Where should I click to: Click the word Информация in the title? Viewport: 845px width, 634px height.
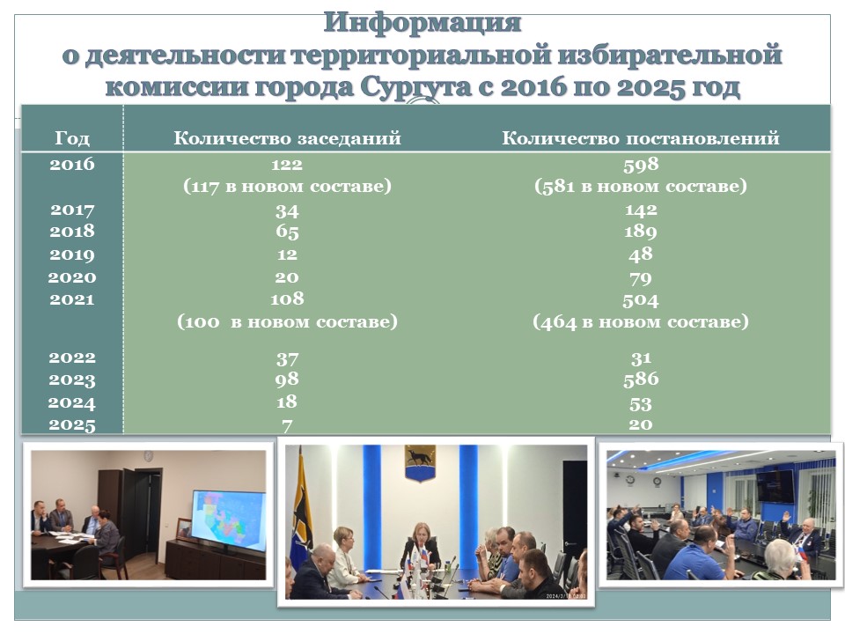click(x=422, y=24)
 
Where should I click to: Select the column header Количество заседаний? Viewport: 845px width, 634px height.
click(x=287, y=138)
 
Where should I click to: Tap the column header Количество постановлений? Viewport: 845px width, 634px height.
click(x=641, y=138)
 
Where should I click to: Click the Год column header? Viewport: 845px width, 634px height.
click(x=72, y=138)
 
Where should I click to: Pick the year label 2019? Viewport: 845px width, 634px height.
click(x=72, y=254)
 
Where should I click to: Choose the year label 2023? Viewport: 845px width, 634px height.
click(x=72, y=380)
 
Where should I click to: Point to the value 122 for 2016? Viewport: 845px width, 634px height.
click(x=287, y=164)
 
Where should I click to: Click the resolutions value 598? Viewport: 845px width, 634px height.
click(x=641, y=164)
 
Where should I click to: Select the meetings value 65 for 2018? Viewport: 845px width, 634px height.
click(x=287, y=232)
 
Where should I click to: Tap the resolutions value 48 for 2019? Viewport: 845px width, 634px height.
click(x=641, y=254)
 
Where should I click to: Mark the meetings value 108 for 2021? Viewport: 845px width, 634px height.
click(x=287, y=299)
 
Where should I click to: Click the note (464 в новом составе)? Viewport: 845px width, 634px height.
click(x=641, y=322)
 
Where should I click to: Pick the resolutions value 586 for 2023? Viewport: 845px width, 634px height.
click(x=641, y=379)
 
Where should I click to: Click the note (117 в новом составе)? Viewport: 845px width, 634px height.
click(x=287, y=186)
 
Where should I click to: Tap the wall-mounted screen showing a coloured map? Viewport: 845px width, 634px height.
click(x=229, y=520)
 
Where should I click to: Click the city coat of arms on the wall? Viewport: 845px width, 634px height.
click(x=421, y=464)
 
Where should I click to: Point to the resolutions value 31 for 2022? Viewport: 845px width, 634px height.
click(x=641, y=358)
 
